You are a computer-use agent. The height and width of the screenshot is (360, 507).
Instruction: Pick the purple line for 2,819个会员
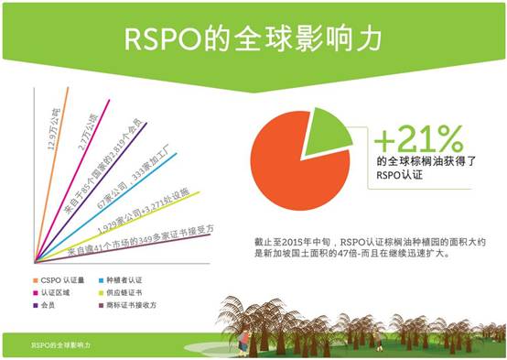pos(101,174)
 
